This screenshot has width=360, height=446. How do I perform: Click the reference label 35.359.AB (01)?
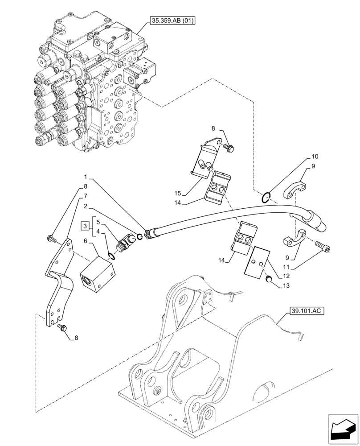pyautogui.click(x=169, y=21)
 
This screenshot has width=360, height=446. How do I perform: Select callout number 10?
pyautogui.click(x=315, y=157)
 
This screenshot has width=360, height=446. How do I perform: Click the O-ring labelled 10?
pyautogui.click(x=266, y=196)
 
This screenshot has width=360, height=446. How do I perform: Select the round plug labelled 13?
pyautogui.click(x=269, y=279)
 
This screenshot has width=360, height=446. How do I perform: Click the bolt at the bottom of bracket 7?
pyautogui.click(x=62, y=328)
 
